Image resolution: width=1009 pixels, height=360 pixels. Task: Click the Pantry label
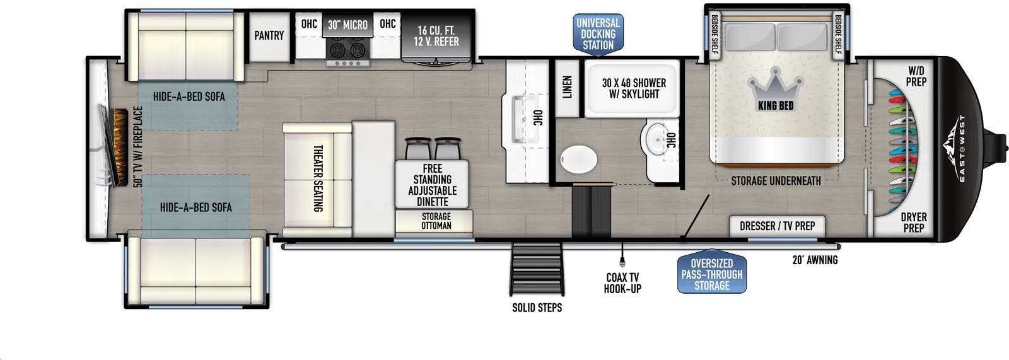click(269, 36)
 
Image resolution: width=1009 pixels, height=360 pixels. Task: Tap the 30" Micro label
click(347, 25)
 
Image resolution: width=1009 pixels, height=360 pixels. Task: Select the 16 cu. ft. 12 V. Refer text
click(436, 36)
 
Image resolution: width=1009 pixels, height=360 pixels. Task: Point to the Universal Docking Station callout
click(598, 33)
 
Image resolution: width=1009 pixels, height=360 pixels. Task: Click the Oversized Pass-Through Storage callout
click(712, 274)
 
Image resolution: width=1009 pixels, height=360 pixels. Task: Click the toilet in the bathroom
click(578, 160)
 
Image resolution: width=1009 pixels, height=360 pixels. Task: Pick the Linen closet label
click(567, 87)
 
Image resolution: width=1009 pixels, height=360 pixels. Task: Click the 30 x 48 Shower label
click(634, 88)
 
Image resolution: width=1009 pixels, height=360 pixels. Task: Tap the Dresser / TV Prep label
click(777, 226)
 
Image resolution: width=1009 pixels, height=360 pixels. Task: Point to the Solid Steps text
click(537, 308)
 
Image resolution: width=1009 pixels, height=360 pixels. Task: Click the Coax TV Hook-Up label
click(622, 283)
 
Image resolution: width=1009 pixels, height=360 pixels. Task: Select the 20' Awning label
click(815, 260)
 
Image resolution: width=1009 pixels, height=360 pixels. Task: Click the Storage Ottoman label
click(436, 221)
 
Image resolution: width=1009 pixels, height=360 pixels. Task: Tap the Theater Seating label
click(318, 178)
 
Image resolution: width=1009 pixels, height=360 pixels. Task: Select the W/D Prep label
click(916, 76)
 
